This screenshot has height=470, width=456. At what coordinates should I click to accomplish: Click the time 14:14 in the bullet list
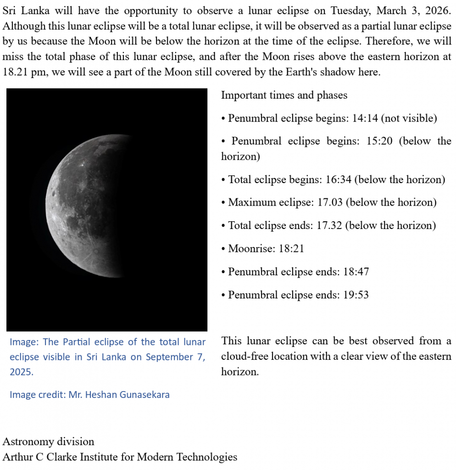(365, 118)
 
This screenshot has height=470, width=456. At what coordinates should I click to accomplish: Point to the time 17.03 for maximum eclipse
(330, 202)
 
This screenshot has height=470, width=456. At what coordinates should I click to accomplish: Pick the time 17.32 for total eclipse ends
(329, 225)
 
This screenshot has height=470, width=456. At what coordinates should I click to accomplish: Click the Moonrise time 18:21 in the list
(291, 249)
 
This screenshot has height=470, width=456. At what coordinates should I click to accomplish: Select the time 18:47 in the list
(356, 272)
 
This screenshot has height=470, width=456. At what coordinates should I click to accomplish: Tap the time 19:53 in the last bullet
(356, 295)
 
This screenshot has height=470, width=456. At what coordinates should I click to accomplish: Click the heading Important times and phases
(284, 95)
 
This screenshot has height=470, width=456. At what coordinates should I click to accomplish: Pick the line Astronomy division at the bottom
(48, 442)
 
